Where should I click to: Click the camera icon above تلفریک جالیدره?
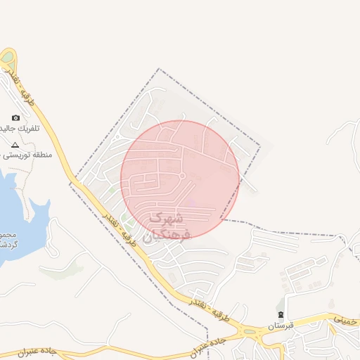pos(16,118)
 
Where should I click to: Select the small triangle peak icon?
pos(15,143)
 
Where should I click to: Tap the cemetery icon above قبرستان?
pos(281,314)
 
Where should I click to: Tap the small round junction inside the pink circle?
pos(182,175)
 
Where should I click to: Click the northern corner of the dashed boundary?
pos(160,69)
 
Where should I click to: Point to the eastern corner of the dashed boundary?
pos(260,146)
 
